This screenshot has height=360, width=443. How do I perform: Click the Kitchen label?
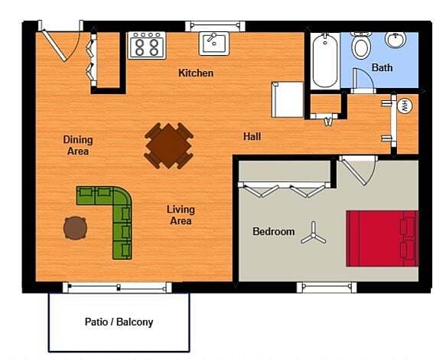(196, 73)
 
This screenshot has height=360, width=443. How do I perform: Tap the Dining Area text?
(78, 145)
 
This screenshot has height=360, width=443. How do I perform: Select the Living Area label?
(181, 215)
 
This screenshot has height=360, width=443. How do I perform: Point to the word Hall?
(252, 137)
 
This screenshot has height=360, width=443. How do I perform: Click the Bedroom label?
(273, 232)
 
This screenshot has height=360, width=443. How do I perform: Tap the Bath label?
(382, 68)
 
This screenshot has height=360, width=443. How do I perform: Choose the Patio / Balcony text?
(119, 322)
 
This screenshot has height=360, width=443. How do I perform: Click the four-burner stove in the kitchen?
(147, 46)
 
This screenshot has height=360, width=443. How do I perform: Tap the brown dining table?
(169, 144)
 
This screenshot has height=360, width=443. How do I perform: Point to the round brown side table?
(75, 227)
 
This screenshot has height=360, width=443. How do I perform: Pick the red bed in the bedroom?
(382, 238)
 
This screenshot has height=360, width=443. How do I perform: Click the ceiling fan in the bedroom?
(313, 233)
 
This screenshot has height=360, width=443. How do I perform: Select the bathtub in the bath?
(324, 59)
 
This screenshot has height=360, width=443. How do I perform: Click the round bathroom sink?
(396, 40)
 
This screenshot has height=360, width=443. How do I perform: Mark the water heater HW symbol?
(406, 105)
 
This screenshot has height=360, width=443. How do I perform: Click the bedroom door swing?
(357, 169)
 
